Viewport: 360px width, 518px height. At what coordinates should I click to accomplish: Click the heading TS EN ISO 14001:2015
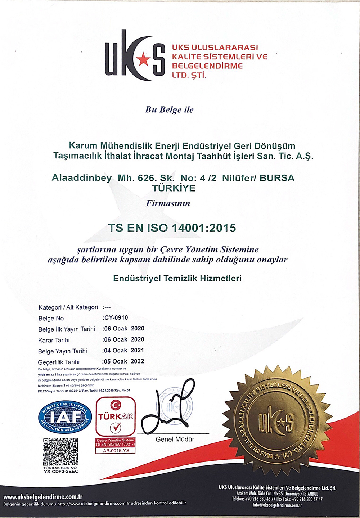point(172,228)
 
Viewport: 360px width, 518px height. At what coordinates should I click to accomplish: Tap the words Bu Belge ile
point(169,109)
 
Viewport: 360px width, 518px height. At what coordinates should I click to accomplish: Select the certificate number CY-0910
point(116,317)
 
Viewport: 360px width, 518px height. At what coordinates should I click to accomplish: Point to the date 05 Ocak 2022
point(124,361)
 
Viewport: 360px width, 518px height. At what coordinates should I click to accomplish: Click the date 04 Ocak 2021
point(124,350)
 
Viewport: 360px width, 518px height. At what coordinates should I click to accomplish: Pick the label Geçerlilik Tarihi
point(59,362)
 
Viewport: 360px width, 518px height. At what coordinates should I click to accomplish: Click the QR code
point(60,452)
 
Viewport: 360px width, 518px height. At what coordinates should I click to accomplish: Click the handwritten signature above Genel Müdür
point(169,407)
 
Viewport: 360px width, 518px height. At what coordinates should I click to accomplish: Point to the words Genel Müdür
point(175,439)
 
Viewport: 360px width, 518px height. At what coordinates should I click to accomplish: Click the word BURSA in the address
point(277,178)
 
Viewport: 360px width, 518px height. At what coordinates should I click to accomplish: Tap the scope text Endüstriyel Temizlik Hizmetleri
point(177,278)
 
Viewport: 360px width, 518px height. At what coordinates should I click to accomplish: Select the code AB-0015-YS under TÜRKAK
point(116,450)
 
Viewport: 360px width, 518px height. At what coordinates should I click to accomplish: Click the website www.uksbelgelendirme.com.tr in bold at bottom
point(43,497)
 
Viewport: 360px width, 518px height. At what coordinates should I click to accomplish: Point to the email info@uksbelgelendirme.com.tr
point(277,505)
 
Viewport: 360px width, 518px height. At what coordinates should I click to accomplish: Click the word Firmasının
point(168,203)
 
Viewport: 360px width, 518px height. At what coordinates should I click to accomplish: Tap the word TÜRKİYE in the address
point(174,188)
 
